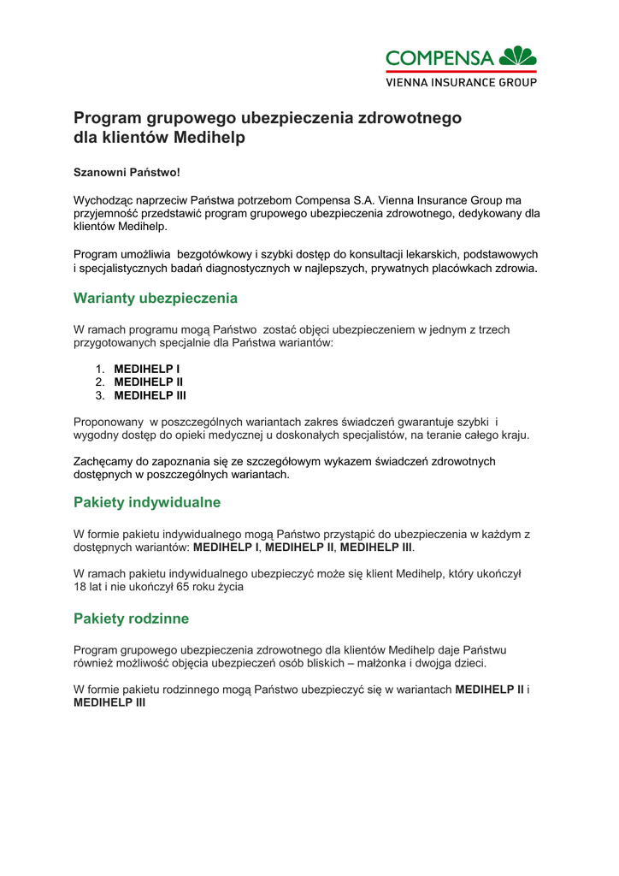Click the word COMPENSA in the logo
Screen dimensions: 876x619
point(439,58)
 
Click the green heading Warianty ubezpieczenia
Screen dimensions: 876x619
point(156,299)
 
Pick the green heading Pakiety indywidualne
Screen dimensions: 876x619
point(147,502)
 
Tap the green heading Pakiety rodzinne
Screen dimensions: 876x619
point(132,619)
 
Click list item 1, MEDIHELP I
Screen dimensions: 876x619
point(147,368)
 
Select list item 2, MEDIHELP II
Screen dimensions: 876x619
point(149,382)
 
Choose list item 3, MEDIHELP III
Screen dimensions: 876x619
point(150,395)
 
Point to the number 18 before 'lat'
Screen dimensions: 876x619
point(80,587)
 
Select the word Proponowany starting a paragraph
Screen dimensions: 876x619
point(109,421)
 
